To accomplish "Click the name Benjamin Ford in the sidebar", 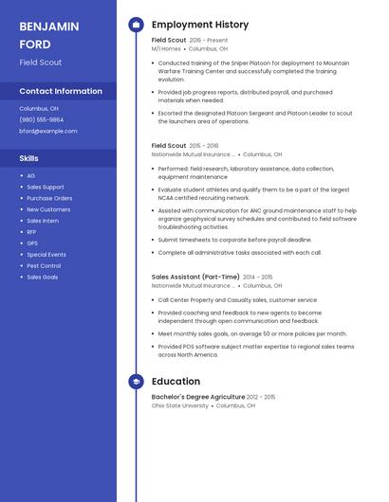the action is point(49,35).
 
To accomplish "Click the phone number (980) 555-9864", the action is point(42,120).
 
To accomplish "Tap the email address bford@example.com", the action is point(48,132).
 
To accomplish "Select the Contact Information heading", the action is point(61,92).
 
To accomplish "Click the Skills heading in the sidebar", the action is point(29,158).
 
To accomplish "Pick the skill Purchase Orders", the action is point(49,198).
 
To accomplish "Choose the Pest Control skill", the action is point(44,266).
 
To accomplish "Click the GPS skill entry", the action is point(32,243).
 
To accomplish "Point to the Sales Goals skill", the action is point(42,278).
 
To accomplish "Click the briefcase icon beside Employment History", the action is point(136,25).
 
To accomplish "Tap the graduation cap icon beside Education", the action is point(136,382).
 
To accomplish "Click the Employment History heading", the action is point(200,25).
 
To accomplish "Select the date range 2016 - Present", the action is point(209,41).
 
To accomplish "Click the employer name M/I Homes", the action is point(166,48).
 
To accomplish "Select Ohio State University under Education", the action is point(180,405).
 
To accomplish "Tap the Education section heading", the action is point(176,382).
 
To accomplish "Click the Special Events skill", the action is point(46,255).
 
